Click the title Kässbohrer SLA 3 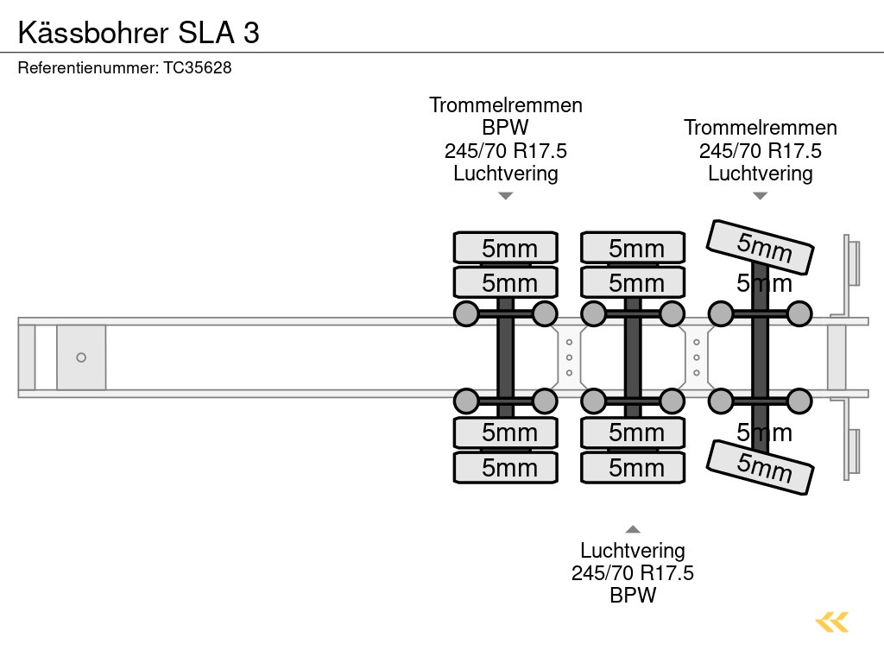(138, 32)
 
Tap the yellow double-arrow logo (832, 622)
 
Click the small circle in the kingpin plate (81, 357)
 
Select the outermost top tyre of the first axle (506, 248)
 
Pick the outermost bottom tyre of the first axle (506, 467)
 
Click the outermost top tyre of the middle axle (633, 248)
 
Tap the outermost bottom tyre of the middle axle (633, 467)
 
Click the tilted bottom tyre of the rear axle (761, 467)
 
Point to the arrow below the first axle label (506, 196)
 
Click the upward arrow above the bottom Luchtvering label (633, 529)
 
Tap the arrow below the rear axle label (760, 196)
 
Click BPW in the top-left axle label (506, 128)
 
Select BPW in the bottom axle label (633, 595)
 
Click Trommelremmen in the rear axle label (761, 128)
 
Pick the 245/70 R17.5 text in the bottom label (633, 572)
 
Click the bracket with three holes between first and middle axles (569, 357)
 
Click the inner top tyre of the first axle (506, 282)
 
